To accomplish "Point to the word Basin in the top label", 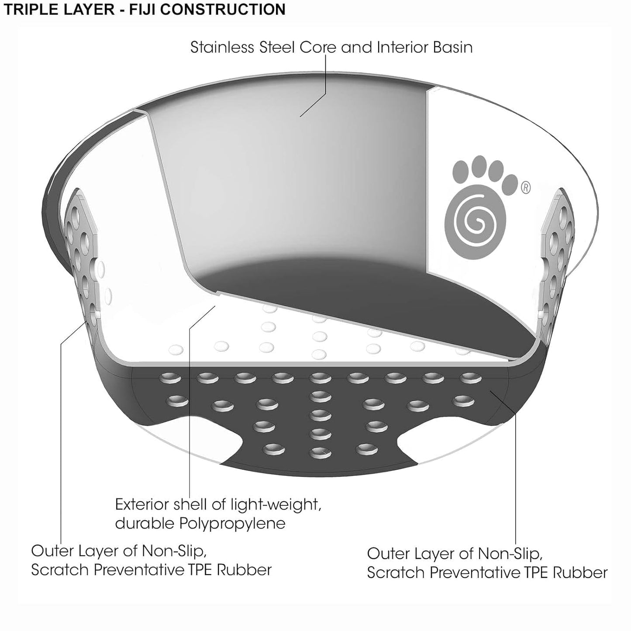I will [453, 47].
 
